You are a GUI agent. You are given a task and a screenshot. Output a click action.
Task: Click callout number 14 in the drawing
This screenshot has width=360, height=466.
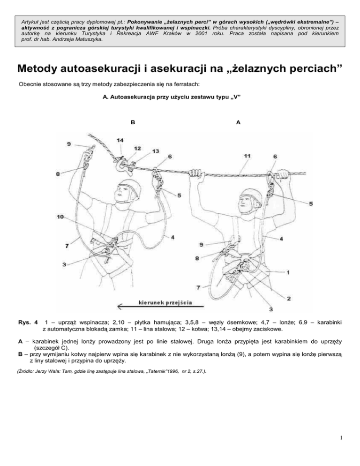120,140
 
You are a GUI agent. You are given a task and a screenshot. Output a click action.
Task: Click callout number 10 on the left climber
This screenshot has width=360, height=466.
60,217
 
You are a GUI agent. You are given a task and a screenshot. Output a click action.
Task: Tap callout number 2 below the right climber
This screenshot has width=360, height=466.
289,298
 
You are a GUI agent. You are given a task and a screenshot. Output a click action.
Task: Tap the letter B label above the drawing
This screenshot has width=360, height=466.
133,122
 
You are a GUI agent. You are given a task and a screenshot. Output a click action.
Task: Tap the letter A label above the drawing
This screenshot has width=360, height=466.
238,122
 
